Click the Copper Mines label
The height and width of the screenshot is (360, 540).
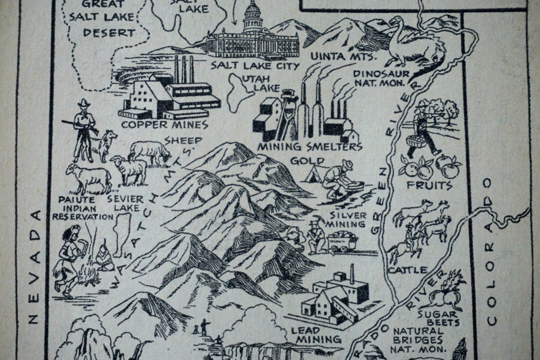(x=165, y=125)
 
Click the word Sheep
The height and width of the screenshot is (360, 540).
(x=183, y=141)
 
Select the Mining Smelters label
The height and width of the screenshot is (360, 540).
(x=309, y=146)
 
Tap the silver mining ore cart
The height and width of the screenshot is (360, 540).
(x=342, y=241)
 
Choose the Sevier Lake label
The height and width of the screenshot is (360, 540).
(x=125, y=203)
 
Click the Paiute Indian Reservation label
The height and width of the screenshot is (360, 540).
(x=76, y=208)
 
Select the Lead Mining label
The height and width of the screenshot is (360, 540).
(x=315, y=334)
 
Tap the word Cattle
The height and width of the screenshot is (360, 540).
(x=407, y=270)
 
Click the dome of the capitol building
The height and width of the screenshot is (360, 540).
(x=252, y=10)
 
